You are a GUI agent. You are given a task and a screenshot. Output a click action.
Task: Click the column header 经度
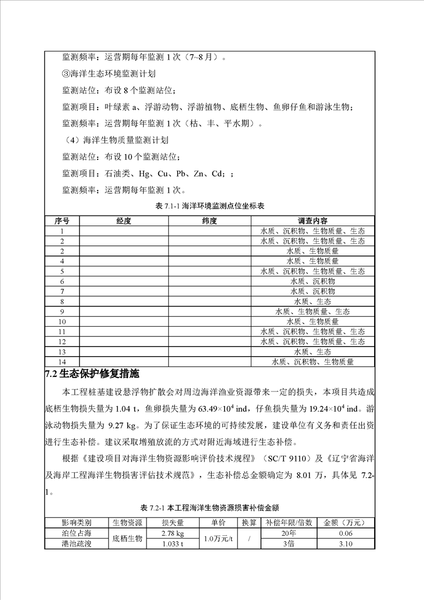pyautogui.click(x=124, y=221)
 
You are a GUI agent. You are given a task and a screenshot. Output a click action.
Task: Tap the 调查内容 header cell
pyautogui.click(x=313, y=221)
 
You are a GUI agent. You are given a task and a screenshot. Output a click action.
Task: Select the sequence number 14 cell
pyautogui.click(x=62, y=362)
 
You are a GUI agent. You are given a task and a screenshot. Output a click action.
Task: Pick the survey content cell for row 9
pyautogui.click(x=313, y=312)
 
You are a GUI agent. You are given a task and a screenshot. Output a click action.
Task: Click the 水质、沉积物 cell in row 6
pyautogui.click(x=313, y=281)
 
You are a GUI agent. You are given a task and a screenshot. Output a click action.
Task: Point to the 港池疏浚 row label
pyautogui.click(x=76, y=544)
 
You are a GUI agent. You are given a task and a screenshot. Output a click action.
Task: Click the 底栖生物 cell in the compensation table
pyautogui.click(x=127, y=539)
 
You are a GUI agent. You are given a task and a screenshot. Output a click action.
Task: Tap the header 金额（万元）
pyautogui.click(x=345, y=523)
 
